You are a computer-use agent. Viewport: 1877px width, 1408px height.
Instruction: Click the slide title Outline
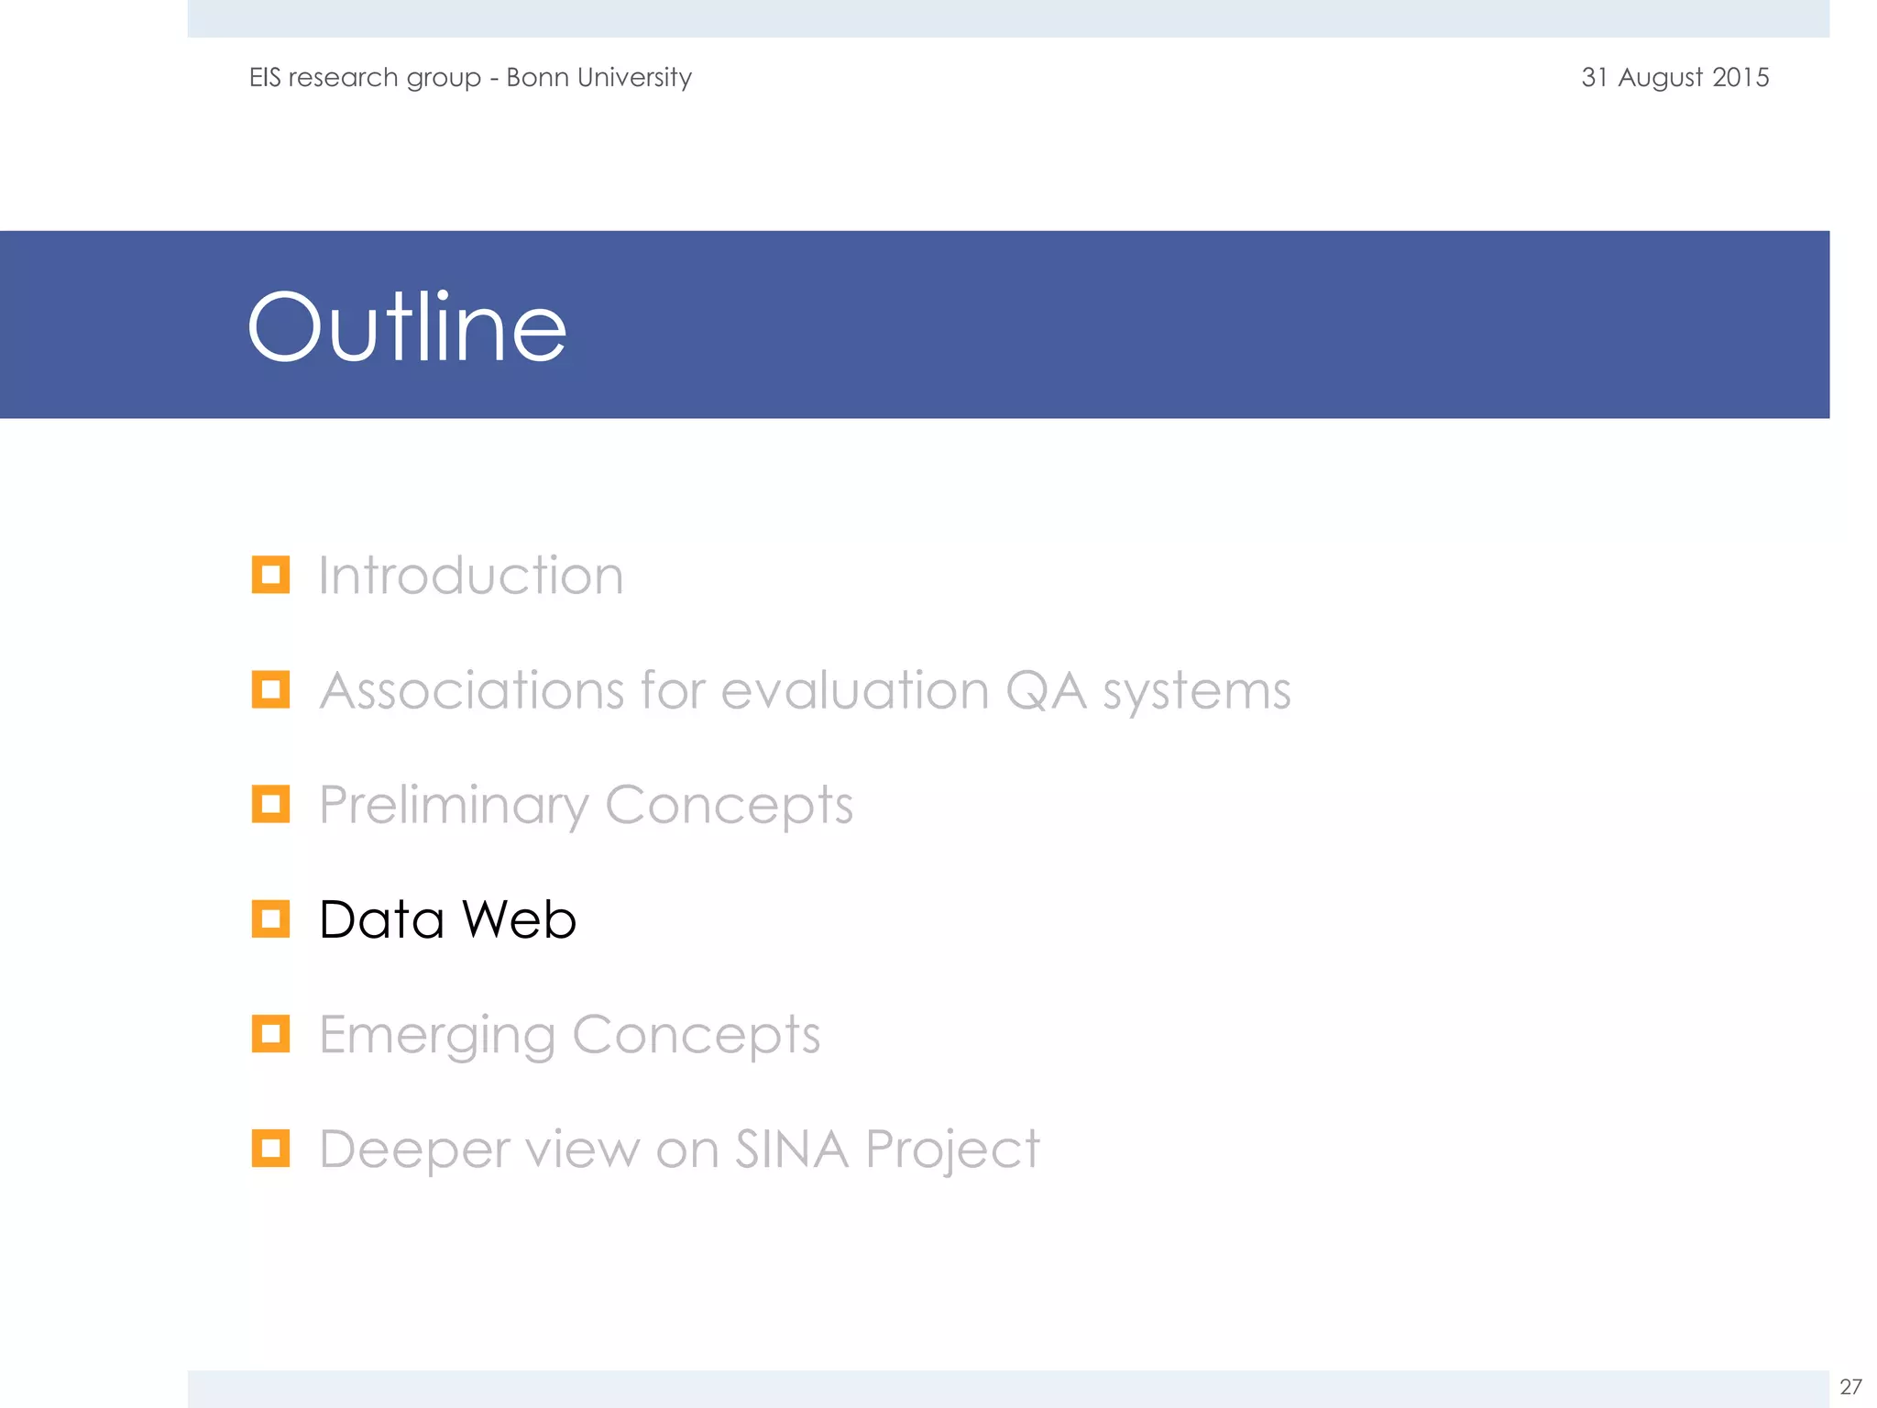[x=407, y=327]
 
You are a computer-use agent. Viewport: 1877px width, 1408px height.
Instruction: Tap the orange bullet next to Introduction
[x=270, y=575]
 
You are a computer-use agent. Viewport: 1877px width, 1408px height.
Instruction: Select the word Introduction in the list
[x=471, y=576]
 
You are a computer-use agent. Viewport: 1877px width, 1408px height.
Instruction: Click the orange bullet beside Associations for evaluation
[x=270, y=689]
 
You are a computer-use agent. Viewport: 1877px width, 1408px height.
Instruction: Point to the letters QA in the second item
[x=1046, y=690]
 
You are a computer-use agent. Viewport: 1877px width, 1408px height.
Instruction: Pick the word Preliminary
[x=453, y=806]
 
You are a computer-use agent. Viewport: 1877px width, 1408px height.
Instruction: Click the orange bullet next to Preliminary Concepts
[x=270, y=804]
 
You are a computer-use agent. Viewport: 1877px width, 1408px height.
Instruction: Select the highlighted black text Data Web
[x=447, y=919]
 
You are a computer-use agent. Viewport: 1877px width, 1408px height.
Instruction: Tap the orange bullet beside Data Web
[x=270, y=918]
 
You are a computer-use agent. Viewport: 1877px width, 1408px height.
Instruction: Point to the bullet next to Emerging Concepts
[x=270, y=1034]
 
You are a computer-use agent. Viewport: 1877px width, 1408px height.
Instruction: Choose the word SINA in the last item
[x=792, y=1149]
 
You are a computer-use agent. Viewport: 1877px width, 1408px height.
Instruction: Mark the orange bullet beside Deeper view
[x=270, y=1148]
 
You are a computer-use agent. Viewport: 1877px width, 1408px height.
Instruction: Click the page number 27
[x=1850, y=1386]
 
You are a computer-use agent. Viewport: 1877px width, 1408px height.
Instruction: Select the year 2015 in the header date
[x=1740, y=77]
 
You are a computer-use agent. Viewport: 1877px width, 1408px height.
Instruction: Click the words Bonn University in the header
[x=598, y=78]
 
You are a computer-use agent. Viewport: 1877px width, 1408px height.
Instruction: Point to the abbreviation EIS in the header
[x=265, y=77]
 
